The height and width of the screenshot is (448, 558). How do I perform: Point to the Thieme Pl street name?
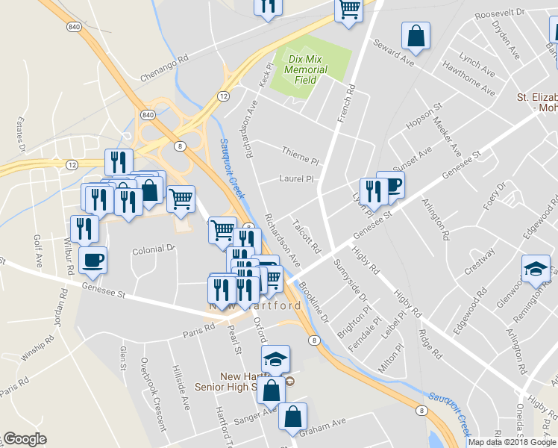pos(300,152)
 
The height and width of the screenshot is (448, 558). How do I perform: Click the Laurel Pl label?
pos(296,179)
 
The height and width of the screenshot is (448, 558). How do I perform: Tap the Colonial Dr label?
pos(154,248)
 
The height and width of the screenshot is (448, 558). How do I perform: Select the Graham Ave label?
pos(323,432)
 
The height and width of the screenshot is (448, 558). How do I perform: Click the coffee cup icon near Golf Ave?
pos(93,260)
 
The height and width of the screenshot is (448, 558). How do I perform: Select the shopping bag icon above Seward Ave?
pos(416,35)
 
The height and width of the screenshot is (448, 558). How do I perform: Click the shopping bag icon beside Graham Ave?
pos(292,417)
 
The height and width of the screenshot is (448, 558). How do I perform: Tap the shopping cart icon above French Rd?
pos(348,10)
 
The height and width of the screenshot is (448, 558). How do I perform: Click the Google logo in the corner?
pos(24,439)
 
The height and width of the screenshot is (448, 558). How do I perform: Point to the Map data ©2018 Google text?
pos(512,442)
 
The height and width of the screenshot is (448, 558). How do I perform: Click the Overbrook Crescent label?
pos(152,395)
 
